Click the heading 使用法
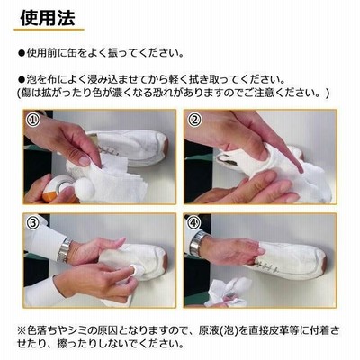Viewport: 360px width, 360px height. click(x=48, y=18)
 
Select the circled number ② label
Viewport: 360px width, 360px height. click(x=195, y=120)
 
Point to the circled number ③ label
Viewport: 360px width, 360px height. click(x=33, y=222)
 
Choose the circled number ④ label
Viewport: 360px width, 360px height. click(x=194, y=222)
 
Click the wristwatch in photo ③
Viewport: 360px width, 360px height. click(x=64, y=250)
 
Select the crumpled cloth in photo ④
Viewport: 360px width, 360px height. click(x=229, y=291)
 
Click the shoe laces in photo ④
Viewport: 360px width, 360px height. click(x=266, y=265)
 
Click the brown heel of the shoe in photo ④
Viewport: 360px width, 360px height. click(x=324, y=262)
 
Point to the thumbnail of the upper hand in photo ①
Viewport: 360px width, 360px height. click(x=85, y=161)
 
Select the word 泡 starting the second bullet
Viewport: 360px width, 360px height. click(x=31, y=80)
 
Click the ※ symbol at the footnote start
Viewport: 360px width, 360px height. click(x=22, y=331)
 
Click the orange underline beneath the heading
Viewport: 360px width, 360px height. click(x=49, y=30)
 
